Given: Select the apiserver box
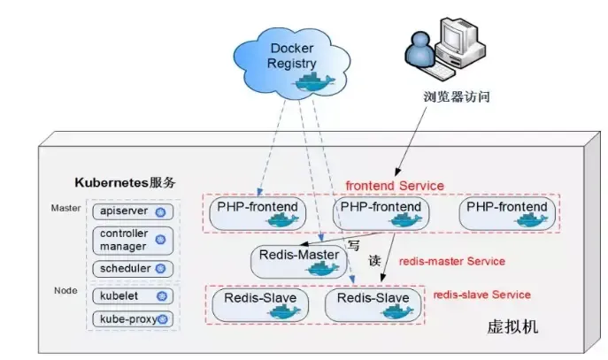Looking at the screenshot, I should (131, 212).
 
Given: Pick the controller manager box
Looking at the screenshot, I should (131, 240).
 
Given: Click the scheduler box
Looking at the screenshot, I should (131, 267).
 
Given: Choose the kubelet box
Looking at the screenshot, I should (131, 295).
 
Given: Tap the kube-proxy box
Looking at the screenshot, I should (131, 318).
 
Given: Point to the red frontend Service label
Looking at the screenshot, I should (395, 186).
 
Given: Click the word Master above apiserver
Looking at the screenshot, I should (65, 209).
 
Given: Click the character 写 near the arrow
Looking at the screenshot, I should (353, 245).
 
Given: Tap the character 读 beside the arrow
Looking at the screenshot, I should (373, 262).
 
